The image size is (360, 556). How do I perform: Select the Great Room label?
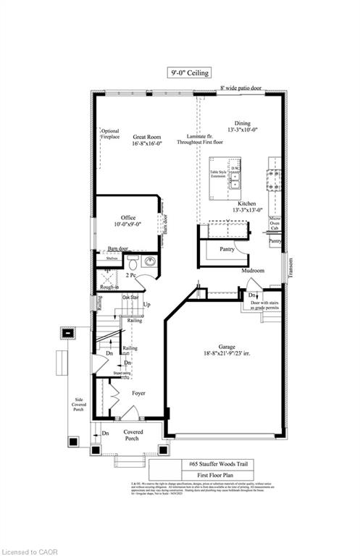pos(147,140)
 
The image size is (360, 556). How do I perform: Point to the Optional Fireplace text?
pos(110,134)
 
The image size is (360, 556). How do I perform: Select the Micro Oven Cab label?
pos(275,222)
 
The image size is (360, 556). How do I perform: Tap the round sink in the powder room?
pos(150,261)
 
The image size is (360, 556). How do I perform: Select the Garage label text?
pos(225,352)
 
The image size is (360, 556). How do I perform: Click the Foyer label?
pos(138,393)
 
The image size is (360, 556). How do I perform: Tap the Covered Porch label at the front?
pos(132,435)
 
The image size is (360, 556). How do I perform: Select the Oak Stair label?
pos(130,298)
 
